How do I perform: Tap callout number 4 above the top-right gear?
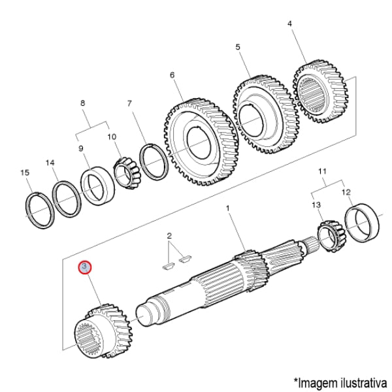click(x=289, y=24)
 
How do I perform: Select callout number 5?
click(x=238, y=47)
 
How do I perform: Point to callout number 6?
click(x=172, y=75)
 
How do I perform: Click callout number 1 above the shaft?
click(x=228, y=208)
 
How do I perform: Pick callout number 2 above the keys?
click(x=169, y=235)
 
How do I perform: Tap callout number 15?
click(x=25, y=172)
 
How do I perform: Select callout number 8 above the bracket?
click(x=83, y=103)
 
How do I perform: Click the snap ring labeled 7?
click(x=155, y=162)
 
